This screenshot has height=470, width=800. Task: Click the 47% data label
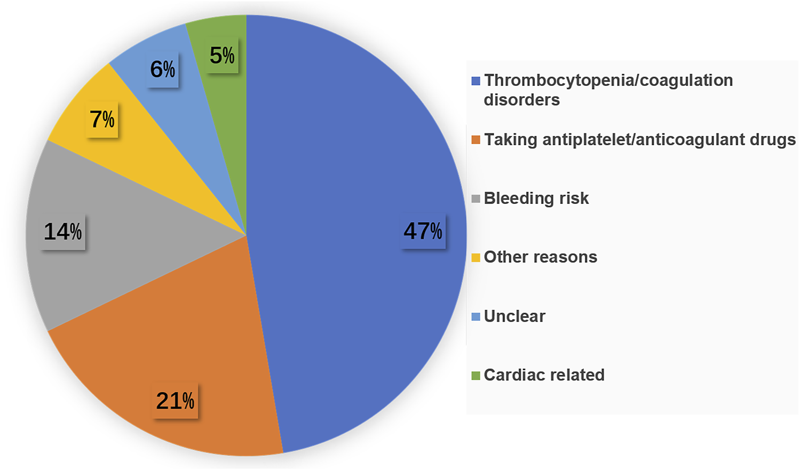(423, 232)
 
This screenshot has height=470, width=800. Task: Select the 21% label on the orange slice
(175, 401)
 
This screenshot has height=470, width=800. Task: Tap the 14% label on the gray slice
(63, 232)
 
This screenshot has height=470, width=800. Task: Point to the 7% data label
(102, 120)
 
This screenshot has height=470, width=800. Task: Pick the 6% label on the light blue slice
(162, 69)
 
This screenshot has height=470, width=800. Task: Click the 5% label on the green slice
(222, 55)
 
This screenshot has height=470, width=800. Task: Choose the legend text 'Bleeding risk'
(536, 198)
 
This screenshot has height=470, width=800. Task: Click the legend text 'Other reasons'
(540, 257)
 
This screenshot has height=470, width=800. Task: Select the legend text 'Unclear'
(514, 316)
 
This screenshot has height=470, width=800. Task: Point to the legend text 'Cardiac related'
(544, 375)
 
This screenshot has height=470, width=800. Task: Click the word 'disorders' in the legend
(521, 100)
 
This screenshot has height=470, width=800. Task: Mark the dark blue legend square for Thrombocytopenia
(476, 82)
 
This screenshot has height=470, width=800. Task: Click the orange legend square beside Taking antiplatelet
(476, 140)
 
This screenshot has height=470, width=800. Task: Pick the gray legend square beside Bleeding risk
(476, 200)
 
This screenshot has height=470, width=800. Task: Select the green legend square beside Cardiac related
(476, 376)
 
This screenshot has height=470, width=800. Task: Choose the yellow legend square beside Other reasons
(476, 258)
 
